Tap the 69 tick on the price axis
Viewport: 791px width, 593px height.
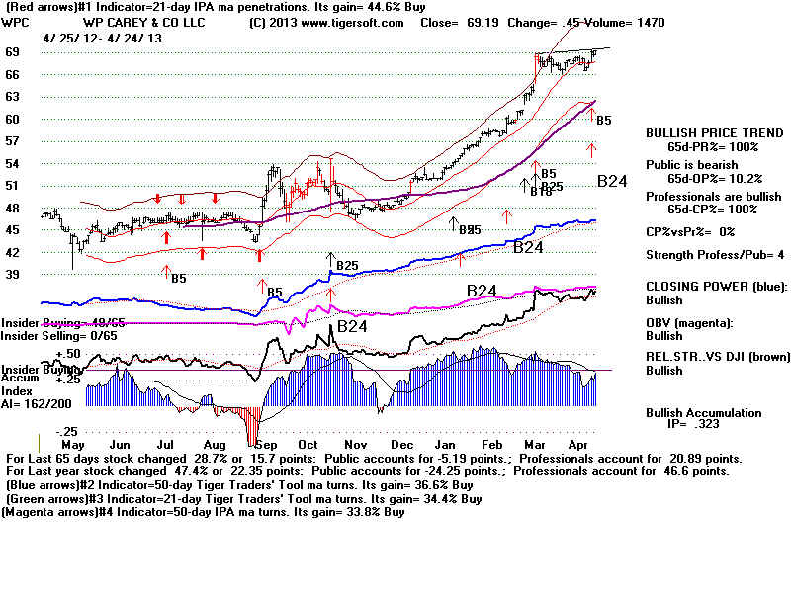click(x=13, y=51)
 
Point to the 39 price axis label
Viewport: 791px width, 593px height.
click(x=13, y=274)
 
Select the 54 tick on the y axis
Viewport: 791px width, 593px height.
click(x=13, y=162)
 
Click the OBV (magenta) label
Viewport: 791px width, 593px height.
click(x=689, y=323)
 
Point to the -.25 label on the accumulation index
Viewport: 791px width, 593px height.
click(x=67, y=432)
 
